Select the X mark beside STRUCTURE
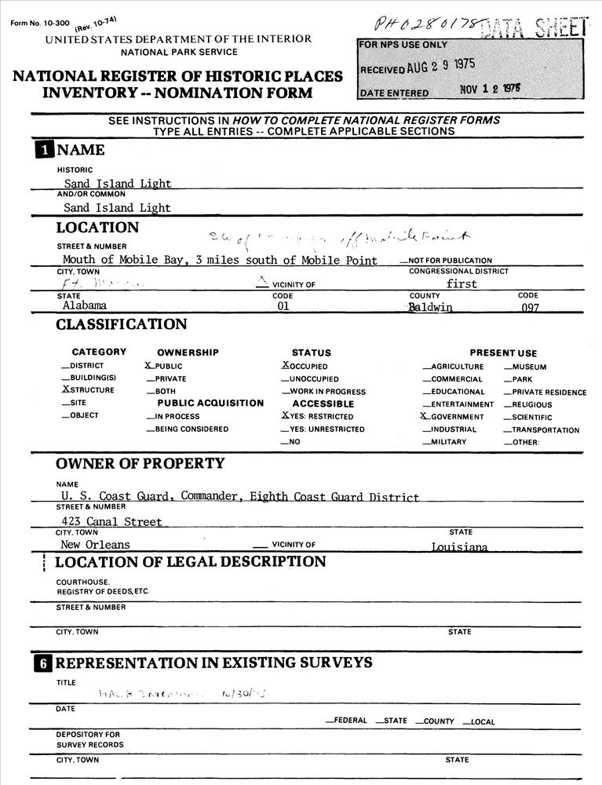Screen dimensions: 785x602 [x=65, y=390]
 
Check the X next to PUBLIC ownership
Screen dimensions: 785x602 [x=148, y=366]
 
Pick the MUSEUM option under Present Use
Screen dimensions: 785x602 [x=530, y=367]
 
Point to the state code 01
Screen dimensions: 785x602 [x=283, y=307]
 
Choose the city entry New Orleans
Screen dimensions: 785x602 [x=97, y=545]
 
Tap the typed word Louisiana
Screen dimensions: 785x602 [x=459, y=547]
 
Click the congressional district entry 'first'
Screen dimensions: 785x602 [x=462, y=284]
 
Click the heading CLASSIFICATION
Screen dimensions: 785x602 [x=121, y=325]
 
